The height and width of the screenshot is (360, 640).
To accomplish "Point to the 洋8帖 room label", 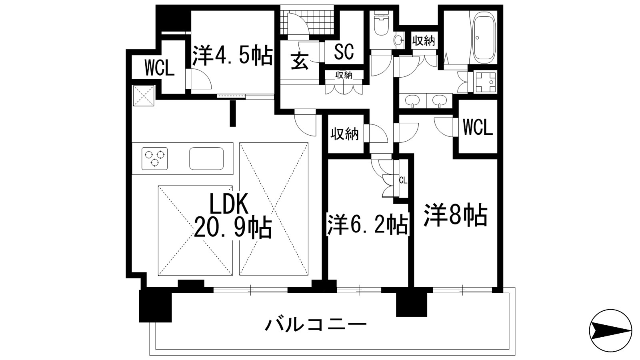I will point(456,216).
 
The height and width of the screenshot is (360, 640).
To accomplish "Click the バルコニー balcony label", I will point(316,324).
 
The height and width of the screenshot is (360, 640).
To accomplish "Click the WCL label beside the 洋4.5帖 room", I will point(160,68).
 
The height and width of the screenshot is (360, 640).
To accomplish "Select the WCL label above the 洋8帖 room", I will point(478,128).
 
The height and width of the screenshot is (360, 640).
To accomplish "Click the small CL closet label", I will point(403,180).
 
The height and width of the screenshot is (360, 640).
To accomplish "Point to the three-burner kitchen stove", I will point(154,158).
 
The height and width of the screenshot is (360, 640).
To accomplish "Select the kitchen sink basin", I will point(206,158).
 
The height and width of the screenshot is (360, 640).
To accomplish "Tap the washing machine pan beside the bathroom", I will point(485,82).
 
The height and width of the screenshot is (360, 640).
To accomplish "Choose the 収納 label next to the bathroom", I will point(424,40).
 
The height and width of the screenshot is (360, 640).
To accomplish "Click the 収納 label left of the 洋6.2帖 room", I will point(344,134).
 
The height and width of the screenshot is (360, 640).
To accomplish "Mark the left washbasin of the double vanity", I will point(412,101).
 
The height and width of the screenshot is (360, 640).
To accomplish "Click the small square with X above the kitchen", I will point(144,96).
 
